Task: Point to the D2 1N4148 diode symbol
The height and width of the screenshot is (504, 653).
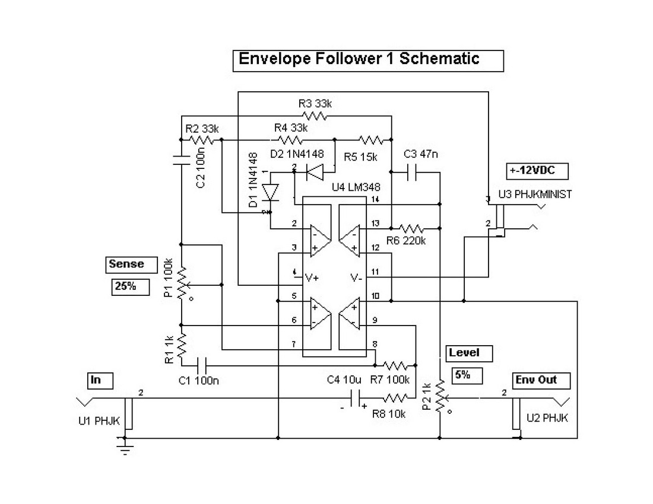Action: (314, 172)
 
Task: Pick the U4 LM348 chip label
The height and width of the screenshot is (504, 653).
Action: (356, 187)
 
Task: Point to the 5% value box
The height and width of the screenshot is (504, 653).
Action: (467, 375)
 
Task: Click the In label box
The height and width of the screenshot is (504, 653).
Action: (100, 379)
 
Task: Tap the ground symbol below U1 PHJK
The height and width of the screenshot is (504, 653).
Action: (125, 449)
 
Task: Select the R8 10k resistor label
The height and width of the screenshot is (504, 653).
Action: (389, 414)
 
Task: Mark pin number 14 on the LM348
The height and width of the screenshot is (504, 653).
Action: (375, 199)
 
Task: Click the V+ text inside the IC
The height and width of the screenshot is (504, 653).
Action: (313, 277)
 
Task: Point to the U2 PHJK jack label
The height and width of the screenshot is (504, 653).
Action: (547, 418)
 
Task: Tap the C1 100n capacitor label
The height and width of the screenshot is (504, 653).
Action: (199, 380)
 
